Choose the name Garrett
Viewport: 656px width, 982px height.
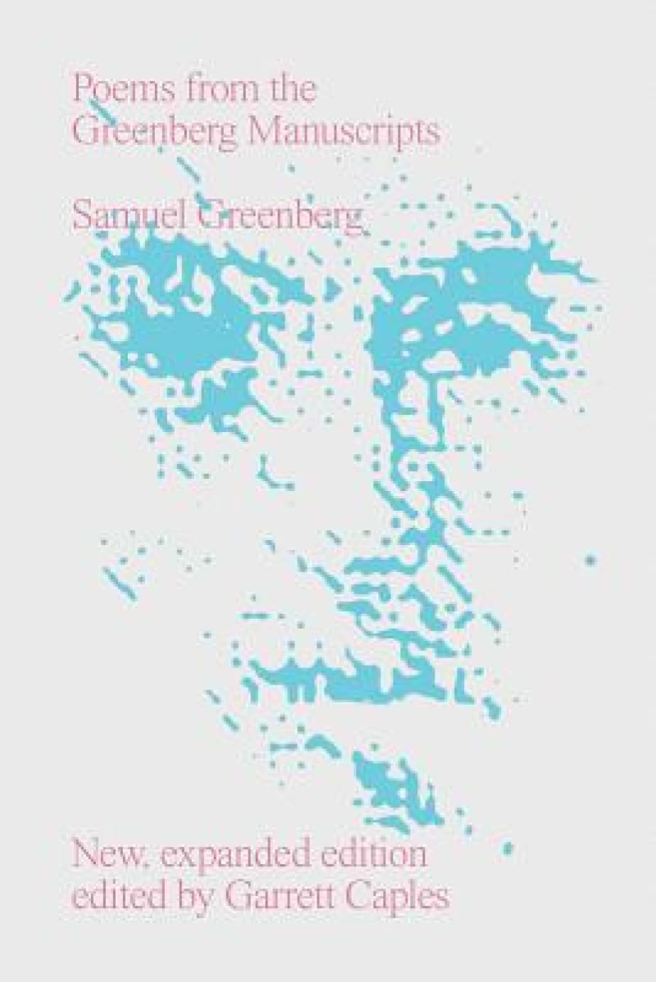pyautogui.click(x=285, y=896)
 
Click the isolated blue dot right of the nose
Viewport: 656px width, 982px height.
pyautogui.click(x=589, y=561)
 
